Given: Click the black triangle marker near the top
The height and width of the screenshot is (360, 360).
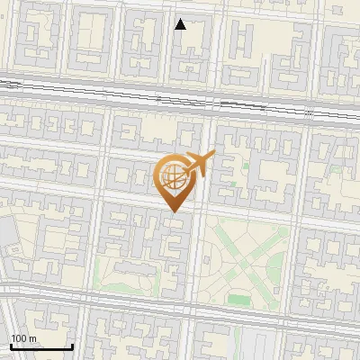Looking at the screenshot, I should coord(180,24).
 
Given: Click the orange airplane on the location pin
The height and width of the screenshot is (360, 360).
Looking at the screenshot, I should coord(199,163).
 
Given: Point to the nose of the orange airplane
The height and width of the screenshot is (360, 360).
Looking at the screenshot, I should coord(213,154).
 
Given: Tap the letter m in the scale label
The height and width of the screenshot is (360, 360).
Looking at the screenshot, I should coord(33,338).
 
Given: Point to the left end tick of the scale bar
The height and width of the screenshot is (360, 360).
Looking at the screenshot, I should coord(11,346).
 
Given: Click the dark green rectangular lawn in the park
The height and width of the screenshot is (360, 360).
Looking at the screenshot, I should coord(238,299).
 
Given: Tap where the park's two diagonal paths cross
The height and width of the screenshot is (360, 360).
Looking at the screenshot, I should coord(243,263).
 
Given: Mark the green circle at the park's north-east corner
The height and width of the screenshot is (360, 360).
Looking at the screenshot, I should coord(283,232).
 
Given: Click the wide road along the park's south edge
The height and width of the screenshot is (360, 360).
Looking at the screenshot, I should coord(243,315).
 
